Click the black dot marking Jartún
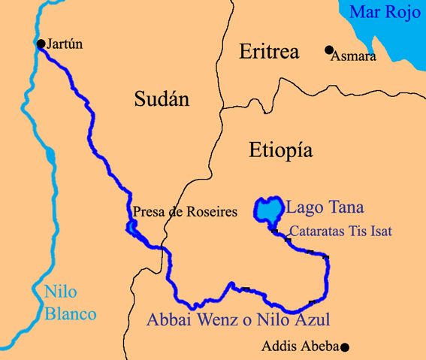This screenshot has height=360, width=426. pos(41,44)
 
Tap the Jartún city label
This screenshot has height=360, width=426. pos(64,44)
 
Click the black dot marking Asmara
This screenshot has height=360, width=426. pos(328,50)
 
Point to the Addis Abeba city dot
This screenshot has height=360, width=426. pos(345,347)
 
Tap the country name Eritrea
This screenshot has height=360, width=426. pos(269,52)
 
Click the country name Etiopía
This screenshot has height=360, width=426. pos(280,150)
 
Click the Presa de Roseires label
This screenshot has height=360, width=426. pos(185,212)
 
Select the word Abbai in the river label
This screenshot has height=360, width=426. pos(168,319)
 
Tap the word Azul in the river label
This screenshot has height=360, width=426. pos(310,319)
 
